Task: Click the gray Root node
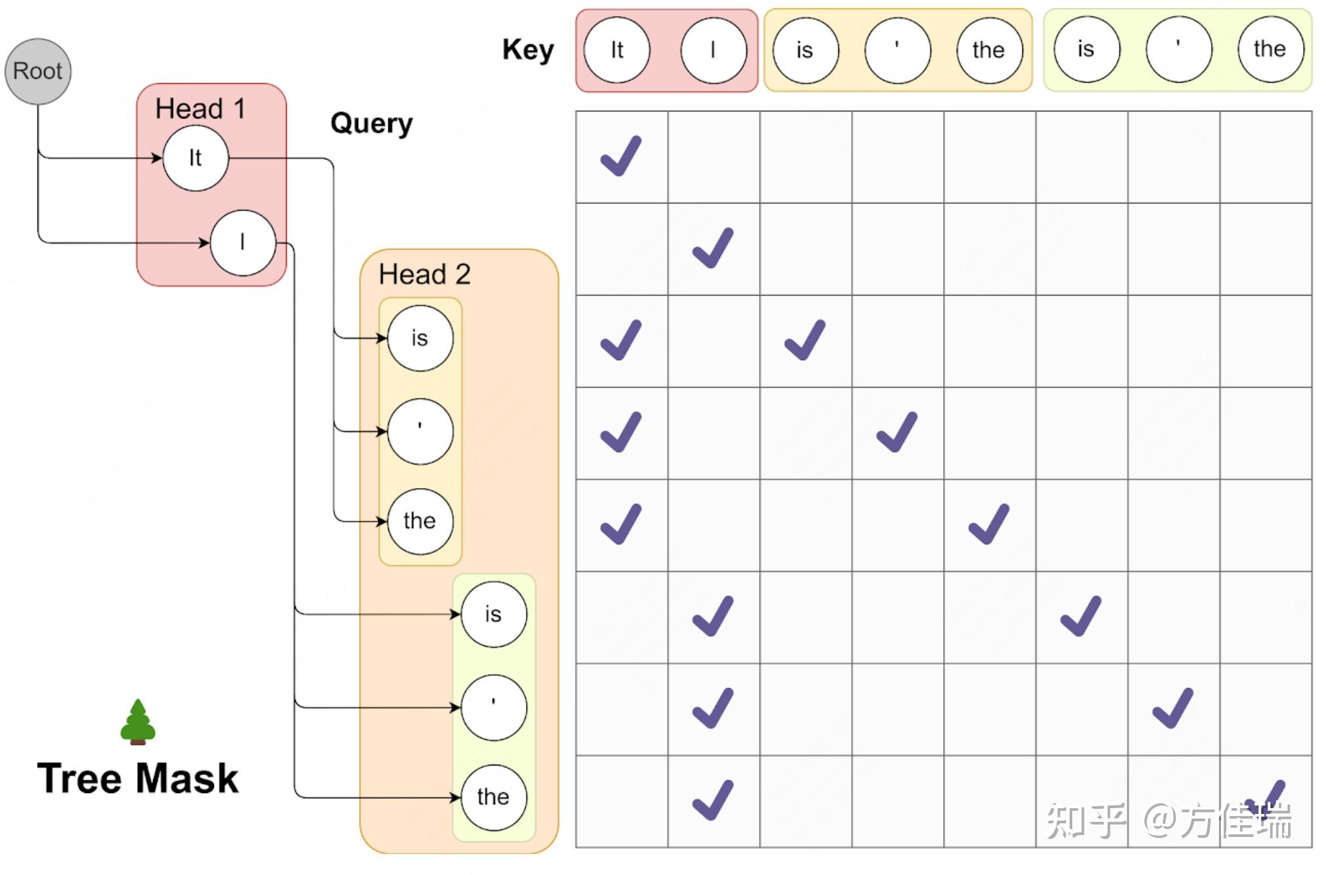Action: coord(37,71)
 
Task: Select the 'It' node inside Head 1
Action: coord(195,158)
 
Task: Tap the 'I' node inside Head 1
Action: coord(243,243)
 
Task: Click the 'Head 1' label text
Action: coord(200,109)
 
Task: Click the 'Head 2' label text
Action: coord(424,274)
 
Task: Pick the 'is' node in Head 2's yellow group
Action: coord(420,338)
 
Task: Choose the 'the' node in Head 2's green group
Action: coord(493,797)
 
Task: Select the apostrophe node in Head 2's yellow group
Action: coord(420,431)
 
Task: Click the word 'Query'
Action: coord(371,123)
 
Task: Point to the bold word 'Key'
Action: coord(528,50)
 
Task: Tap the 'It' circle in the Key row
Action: coord(616,50)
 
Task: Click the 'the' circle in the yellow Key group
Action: coord(989,50)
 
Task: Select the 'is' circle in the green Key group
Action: coord(1086,49)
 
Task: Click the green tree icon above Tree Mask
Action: coord(138,722)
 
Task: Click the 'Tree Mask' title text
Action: coord(138,779)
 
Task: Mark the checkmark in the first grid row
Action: coord(620,157)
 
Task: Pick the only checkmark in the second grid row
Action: coord(713,249)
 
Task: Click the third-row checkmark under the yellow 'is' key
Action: coord(805,340)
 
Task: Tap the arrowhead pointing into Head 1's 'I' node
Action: coord(205,243)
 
